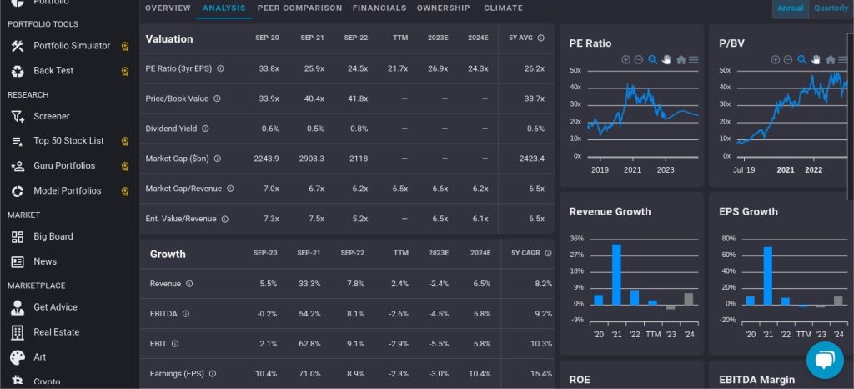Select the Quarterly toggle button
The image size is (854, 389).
click(x=831, y=8)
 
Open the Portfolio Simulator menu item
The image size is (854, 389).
click(x=72, y=46)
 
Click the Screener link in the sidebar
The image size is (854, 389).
click(x=52, y=116)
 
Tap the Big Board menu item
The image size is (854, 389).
click(x=53, y=236)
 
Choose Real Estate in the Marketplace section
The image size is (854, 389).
click(x=56, y=332)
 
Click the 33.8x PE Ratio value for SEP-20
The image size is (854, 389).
click(x=269, y=68)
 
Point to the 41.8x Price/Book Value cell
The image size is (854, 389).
click(x=357, y=99)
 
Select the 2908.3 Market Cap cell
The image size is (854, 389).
click(x=311, y=159)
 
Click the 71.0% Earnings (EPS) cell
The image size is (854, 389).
click(x=311, y=374)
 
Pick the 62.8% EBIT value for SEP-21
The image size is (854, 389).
click(x=311, y=344)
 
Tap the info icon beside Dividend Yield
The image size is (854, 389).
click(x=205, y=129)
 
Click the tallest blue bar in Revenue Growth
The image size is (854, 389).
click(x=616, y=275)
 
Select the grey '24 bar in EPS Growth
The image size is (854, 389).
click(x=838, y=301)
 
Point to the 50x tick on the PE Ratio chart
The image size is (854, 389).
click(x=575, y=71)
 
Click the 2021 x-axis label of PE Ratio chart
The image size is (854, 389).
click(x=632, y=170)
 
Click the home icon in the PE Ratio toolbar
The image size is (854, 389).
click(x=681, y=60)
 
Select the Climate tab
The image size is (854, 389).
click(x=503, y=8)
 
